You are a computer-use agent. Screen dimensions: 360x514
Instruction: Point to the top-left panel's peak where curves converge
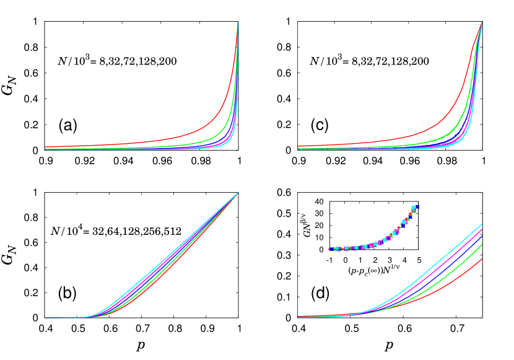[x=238, y=22]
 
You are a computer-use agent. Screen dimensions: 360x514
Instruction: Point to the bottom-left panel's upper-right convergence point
[x=238, y=193]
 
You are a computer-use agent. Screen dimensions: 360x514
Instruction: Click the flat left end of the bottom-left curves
[x=56, y=318]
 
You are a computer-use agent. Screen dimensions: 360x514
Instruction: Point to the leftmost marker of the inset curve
[x=330, y=249]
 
